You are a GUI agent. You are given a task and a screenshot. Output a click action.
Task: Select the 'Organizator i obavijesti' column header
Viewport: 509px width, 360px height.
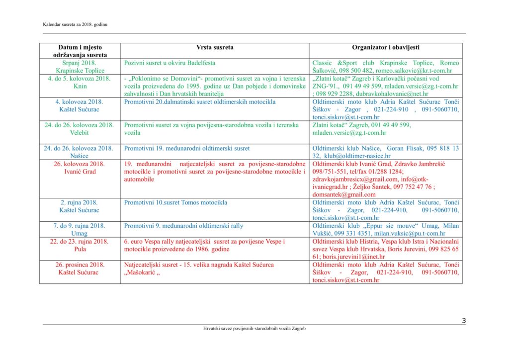point(385,47)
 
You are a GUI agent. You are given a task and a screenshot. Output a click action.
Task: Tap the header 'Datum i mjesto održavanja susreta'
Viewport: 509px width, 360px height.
point(80,51)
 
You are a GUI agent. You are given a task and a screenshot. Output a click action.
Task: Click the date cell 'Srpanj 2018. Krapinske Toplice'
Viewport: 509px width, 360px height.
point(80,67)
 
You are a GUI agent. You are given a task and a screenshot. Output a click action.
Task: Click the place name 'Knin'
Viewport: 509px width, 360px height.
point(80,86)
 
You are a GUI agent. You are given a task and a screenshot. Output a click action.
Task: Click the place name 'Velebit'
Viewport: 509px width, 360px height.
point(80,133)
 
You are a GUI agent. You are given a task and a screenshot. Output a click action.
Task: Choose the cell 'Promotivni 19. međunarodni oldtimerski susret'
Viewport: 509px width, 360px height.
point(187,148)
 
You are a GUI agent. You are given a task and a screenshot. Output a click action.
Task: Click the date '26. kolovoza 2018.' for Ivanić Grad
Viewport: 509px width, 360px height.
point(80,164)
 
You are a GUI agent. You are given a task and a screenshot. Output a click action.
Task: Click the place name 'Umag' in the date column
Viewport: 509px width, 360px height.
point(80,233)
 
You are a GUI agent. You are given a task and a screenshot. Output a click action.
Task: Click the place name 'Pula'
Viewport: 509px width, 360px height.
point(80,249)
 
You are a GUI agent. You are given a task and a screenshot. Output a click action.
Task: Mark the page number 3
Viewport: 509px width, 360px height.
point(463,321)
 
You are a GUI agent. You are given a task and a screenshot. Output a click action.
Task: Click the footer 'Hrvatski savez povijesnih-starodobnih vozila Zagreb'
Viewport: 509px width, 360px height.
point(254,329)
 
